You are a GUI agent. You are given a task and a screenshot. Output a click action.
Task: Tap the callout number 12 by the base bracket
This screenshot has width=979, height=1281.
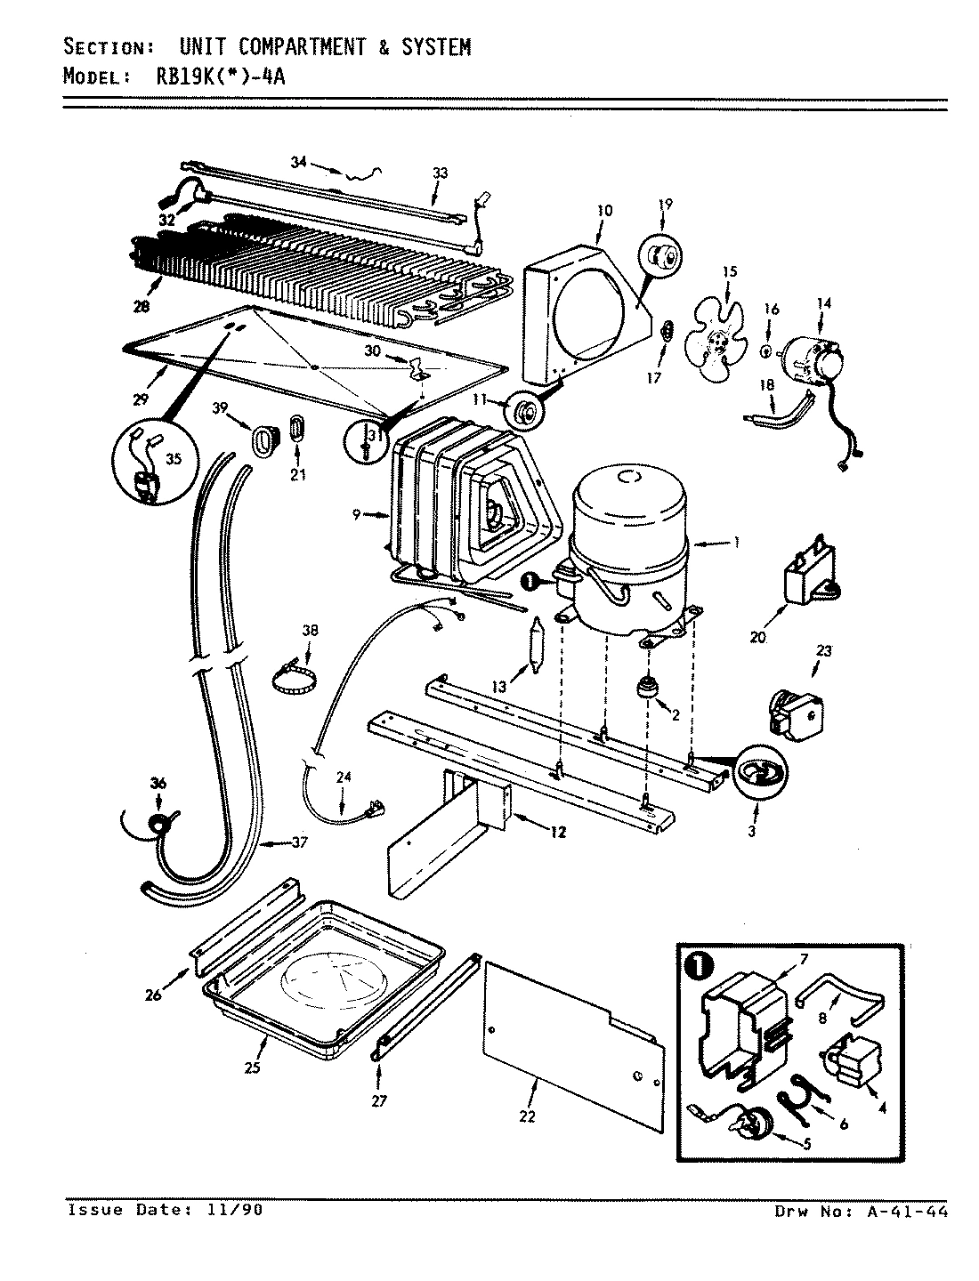[x=558, y=833]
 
